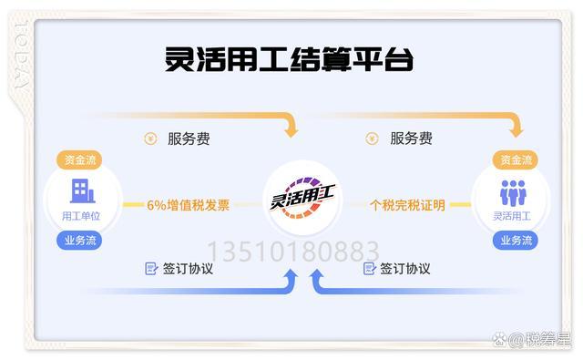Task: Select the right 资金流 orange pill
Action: point(516,160)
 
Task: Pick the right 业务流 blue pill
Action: point(516,241)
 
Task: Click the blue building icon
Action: point(78,191)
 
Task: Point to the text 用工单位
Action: point(78,216)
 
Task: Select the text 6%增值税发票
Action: point(189,205)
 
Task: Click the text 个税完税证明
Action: point(407,205)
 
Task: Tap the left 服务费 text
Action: point(189,139)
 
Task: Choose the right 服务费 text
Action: point(411,139)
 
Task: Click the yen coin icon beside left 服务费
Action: point(150,139)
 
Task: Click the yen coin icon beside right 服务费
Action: point(372,139)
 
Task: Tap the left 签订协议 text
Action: point(188,269)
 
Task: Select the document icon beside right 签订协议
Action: point(369,269)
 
